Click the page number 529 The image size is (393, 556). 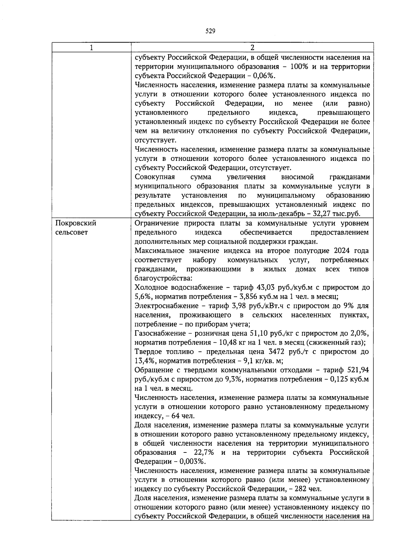210,31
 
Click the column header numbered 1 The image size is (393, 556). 91,48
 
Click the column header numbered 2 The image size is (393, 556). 252,48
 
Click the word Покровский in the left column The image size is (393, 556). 76,223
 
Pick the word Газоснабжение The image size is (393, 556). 156,334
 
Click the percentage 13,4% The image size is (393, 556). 143,361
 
